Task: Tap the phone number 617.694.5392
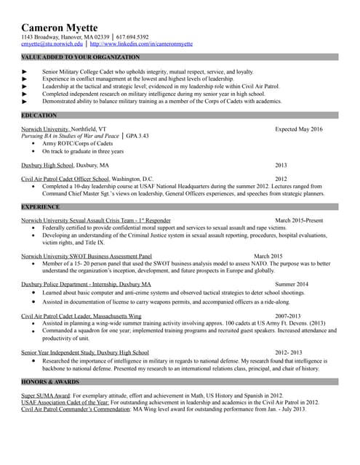(x=132, y=37)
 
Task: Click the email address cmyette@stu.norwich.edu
(x=52, y=44)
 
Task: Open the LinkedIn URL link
(x=141, y=44)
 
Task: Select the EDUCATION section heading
(x=39, y=116)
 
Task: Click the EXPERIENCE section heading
(x=41, y=207)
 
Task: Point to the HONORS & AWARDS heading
(x=50, y=381)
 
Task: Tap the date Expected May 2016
(x=298, y=129)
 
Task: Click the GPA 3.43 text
(x=138, y=136)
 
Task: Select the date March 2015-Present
(x=299, y=219)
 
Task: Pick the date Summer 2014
(x=292, y=284)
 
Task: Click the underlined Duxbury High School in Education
(x=47, y=165)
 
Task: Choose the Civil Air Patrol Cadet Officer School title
(x=65, y=179)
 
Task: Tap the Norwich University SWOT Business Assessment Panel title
(x=87, y=256)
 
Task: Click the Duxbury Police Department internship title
(x=87, y=284)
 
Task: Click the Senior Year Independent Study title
(x=85, y=352)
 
